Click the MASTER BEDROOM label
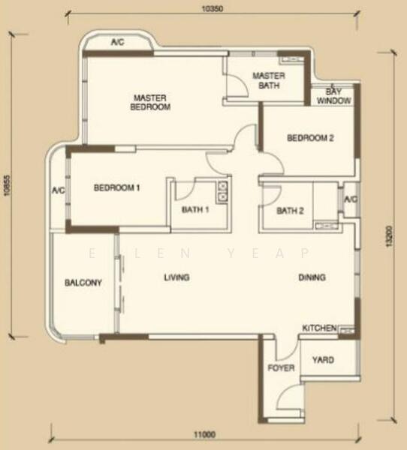pyautogui.click(x=152, y=102)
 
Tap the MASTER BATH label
pyautogui.click(x=268, y=80)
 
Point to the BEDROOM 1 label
pyautogui.click(x=117, y=187)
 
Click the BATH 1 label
pyautogui.click(x=195, y=210)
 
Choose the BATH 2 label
pyautogui.click(x=290, y=211)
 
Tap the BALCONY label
pyautogui.click(x=83, y=283)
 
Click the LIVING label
pyautogui.click(x=177, y=277)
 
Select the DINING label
pyautogui.click(x=312, y=277)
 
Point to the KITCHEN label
pyautogui.click(x=318, y=328)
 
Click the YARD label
pyautogui.click(x=323, y=360)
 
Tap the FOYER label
pyautogui.click(x=282, y=368)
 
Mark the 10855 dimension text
pyautogui.click(x=7, y=181)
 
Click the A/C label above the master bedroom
pyautogui.click(x=118, y=43)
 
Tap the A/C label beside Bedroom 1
pyautogui.click(x=59, y=190)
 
